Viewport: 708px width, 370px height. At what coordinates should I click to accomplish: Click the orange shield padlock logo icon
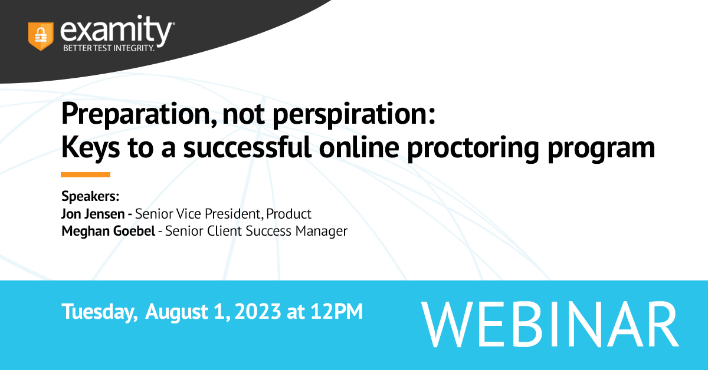[x=41, y=36]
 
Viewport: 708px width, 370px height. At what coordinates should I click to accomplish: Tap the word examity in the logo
[x=116, y=30]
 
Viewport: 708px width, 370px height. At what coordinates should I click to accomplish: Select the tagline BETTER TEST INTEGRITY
[x=109, y=48]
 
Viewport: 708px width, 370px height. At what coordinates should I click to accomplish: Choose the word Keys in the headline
[x=91, y=148]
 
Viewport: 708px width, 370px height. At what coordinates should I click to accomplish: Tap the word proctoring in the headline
[x=473, y=148]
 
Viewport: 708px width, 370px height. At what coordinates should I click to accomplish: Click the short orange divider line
[x=86, y=174]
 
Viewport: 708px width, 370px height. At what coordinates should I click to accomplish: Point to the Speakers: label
[x=90, y=196]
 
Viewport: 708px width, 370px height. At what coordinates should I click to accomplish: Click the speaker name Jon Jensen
[x=93, y=214]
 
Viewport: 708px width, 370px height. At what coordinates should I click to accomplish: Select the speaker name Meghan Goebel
[x=108, y=231]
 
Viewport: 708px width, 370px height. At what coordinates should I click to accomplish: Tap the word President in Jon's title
[x=234, y=214]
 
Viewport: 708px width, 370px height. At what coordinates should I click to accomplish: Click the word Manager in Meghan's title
[x=322, y=231]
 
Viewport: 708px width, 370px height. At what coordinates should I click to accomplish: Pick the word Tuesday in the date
[x=100, y=312]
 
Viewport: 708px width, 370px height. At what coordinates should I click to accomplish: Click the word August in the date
[x=176, y=312]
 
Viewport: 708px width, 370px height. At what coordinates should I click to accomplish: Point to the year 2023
[x=258, y=312]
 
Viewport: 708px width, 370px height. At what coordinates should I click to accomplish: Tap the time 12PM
[x=336, y=312]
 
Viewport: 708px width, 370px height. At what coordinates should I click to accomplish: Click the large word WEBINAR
[x=550, y=324]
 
